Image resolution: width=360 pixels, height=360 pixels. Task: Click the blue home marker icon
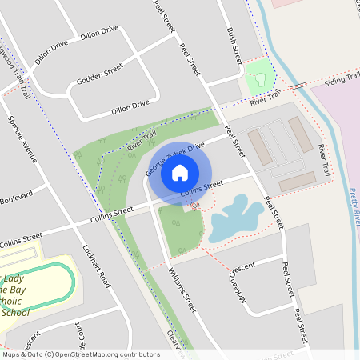tap(180, 172)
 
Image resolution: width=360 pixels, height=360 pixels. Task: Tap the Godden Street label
tap(99, 74)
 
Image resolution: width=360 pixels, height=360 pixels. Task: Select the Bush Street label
tap(234, 46)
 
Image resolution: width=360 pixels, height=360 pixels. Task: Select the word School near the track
tap(15, 313)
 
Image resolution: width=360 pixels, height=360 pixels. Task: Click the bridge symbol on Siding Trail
tap(298, 85)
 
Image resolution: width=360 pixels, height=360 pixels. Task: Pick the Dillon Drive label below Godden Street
tap(130, 104)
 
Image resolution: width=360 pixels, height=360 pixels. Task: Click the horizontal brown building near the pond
tap(296, 182)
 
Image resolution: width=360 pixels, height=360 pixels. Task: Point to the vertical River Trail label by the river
tap(322, 160)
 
